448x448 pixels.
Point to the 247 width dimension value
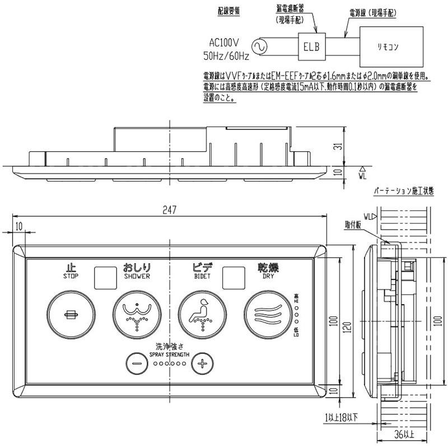tap(170, 211)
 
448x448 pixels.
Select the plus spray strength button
tap(203, 363)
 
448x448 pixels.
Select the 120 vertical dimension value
tap(349, 324)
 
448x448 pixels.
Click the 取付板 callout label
tap(353, 225)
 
